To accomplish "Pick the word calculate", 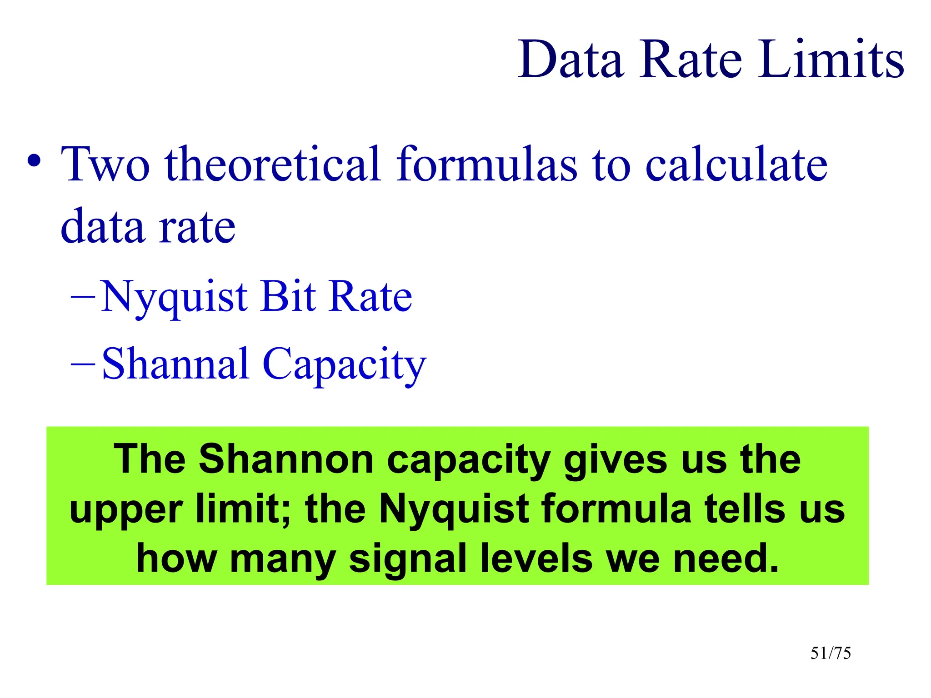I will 736,165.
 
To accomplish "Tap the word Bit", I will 288,296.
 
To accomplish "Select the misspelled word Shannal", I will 175,364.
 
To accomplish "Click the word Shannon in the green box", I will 286,459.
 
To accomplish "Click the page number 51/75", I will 831,653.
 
